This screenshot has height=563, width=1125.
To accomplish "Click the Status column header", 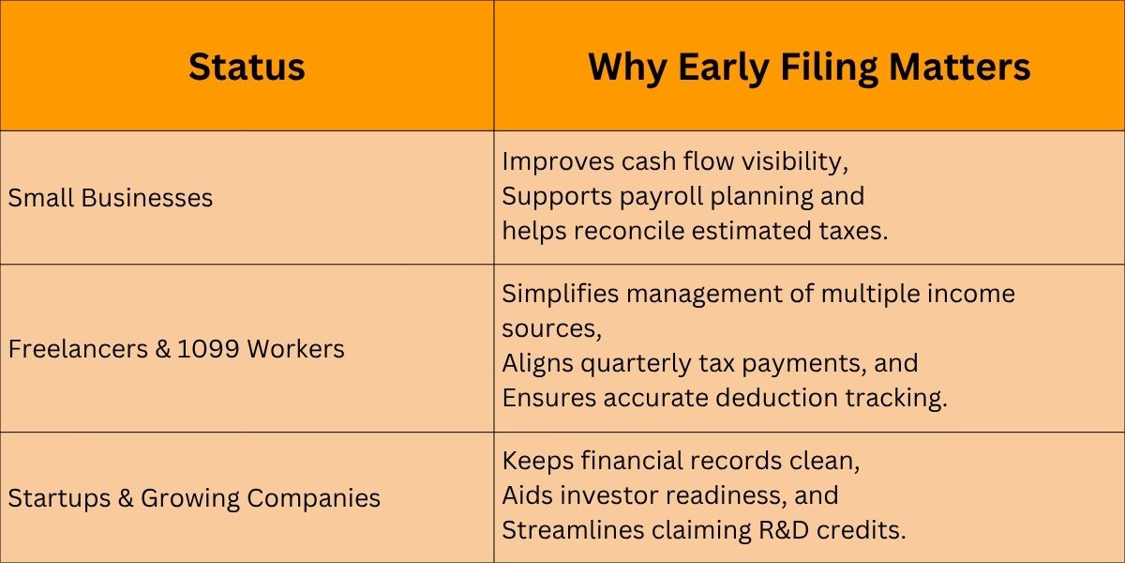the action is (x=247, y=67).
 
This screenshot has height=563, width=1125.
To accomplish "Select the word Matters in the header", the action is (x=960, y=67).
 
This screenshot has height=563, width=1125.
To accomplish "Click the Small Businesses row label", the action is (x=110, y=198).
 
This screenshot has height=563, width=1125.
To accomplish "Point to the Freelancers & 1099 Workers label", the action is (x=176, y=349).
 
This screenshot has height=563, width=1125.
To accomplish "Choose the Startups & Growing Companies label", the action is (x=194, y=498).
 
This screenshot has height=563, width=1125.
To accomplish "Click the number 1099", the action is (x=208, y=349).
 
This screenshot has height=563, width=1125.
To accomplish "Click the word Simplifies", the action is (x=560, y=295).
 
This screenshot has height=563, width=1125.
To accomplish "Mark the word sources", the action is (x=551, y=329).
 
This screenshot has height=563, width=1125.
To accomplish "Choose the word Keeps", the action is (x=537, y=462).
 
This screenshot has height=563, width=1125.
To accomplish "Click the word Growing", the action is (x=189, y=498).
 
